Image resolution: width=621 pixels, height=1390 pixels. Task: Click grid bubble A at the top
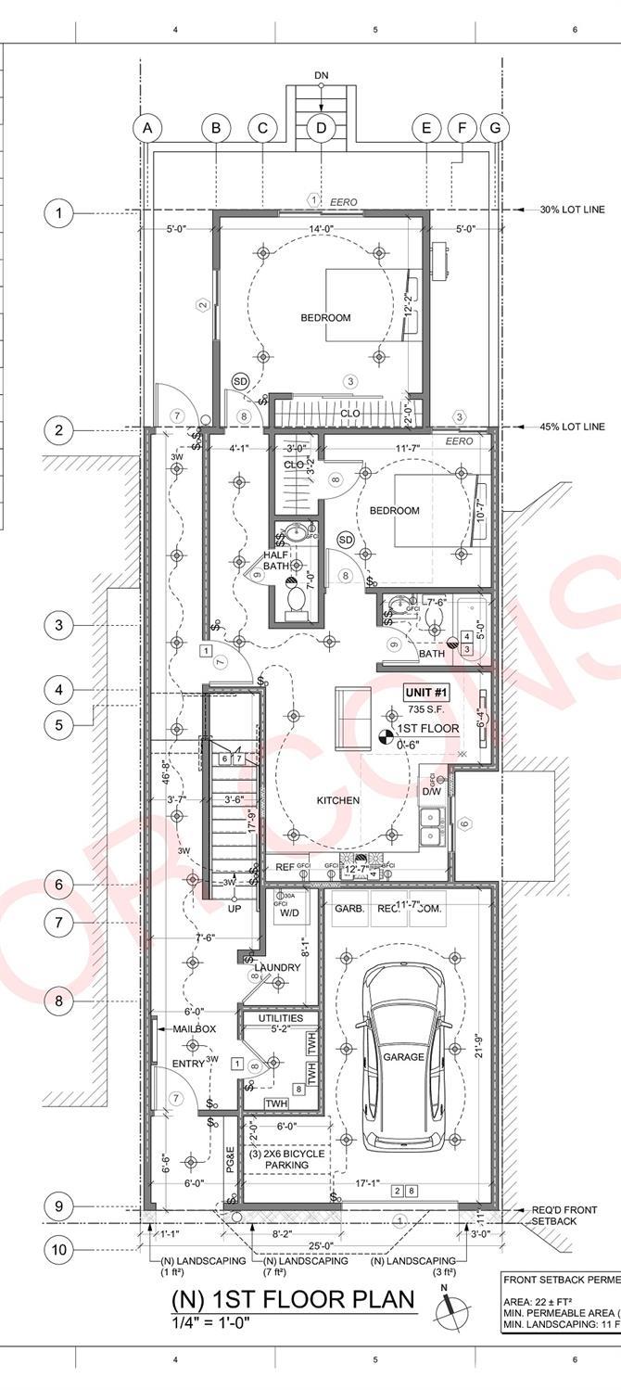146,128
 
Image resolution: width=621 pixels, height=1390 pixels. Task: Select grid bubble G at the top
496,128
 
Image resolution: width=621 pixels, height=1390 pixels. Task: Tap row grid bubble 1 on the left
59,214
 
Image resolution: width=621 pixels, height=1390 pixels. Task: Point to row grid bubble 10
59,1249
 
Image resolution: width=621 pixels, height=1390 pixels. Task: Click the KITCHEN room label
338,800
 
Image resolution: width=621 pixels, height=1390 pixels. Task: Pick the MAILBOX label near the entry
194,1029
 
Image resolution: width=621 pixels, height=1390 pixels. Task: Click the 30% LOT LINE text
572,210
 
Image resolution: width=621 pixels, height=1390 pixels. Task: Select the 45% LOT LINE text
572,427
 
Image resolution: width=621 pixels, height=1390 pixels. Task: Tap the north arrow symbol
451,1305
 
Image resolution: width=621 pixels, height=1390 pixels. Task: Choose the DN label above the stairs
321,75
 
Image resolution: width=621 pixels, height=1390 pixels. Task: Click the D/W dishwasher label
432,792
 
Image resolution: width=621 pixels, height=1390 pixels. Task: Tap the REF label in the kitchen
285,867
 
